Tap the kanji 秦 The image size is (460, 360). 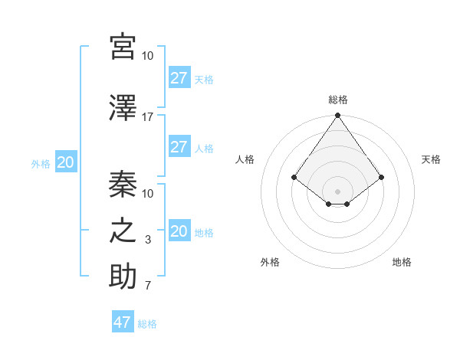point(123,184)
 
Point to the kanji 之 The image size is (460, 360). point(123,231)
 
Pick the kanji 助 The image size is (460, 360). point(123,277)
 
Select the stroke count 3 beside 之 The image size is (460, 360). point(147,240)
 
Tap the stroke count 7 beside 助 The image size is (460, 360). point(147,286)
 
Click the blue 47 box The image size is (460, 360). point(123,322)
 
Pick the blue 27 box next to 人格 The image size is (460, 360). point(179,147)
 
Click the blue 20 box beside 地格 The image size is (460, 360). point(179,231)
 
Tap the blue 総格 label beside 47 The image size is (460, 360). point(147,324)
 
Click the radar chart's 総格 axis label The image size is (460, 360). point(337,100)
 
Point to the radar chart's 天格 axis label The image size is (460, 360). point(431,159)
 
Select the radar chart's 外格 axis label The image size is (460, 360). point(270,262)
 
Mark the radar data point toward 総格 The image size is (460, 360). point(337,116)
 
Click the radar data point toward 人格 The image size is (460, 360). point(294,177)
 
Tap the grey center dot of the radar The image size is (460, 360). point(337,191)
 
